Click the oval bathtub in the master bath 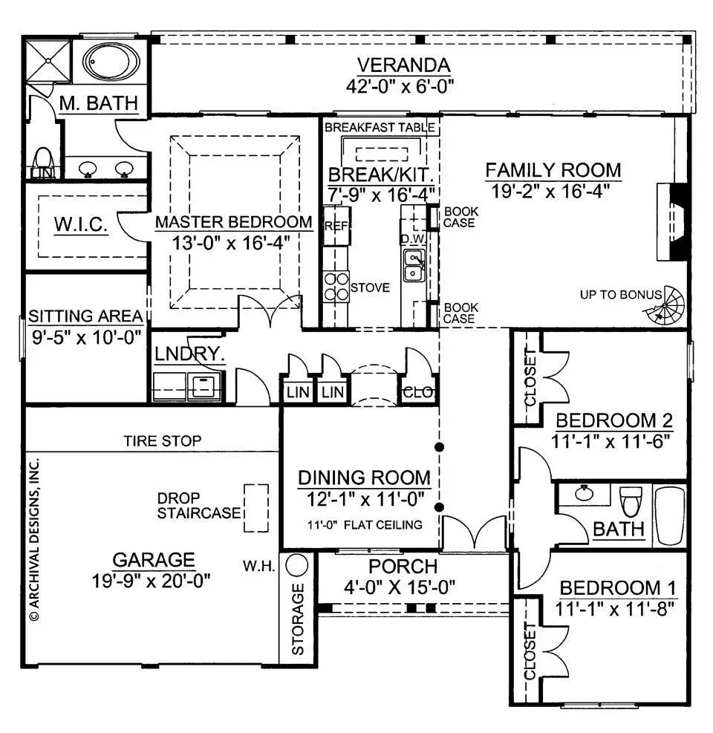click(111, 62)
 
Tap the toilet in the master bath click(43, 162)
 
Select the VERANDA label click(403, 65)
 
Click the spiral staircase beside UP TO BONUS click(665, 304)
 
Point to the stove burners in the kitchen click(336, 287)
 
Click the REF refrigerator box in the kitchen click(336, 227)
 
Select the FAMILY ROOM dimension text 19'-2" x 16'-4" click(550, 191)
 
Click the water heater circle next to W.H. click(297, 565)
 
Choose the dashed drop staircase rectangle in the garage click(256, 508)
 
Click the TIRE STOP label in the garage click(162, 441)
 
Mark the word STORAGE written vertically click(298, 619)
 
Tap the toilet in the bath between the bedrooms click(631, 501)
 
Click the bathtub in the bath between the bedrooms click(670, 515)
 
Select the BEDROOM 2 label click(614, 421)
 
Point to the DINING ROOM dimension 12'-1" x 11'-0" click(365, 499)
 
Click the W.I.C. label click(81, 225)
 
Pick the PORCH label click(403, 567)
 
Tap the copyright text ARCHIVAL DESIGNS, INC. click(34, 540)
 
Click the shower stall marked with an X click(48, 60)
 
